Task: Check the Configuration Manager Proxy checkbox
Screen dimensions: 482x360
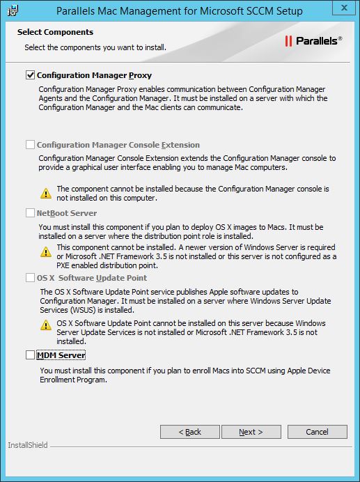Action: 30,75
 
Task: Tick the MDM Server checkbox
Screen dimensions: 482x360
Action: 30,355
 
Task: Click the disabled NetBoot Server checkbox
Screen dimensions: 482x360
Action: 30,213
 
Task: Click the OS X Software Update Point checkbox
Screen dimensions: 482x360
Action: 30,278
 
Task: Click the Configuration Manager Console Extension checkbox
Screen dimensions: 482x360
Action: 30,145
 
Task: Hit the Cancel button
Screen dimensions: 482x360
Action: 317,432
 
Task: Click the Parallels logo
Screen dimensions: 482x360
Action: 313,41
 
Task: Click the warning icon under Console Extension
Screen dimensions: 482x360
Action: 45,193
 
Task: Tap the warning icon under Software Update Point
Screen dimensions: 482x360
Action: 45,325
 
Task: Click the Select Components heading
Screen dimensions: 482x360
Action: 55,32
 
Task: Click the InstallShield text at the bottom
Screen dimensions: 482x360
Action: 28,445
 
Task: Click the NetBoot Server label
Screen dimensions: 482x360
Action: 67,213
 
